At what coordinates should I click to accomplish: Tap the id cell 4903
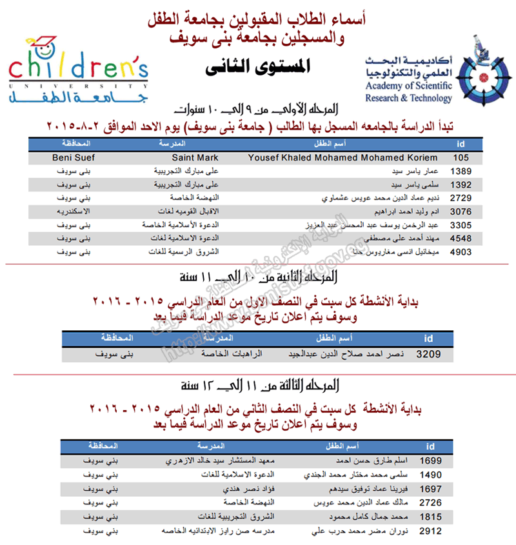coord(462,252)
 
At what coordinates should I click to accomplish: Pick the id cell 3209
coord(428,354)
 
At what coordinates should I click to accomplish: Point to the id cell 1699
coord(430,462)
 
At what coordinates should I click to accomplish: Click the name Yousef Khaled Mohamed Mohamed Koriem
coord(342,157)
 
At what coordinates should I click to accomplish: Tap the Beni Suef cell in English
coord(72,157)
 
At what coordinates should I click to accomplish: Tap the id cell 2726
coord(430,502)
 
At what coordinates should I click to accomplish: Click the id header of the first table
coord(460,143)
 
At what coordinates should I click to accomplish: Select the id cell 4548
coord(462,238)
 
